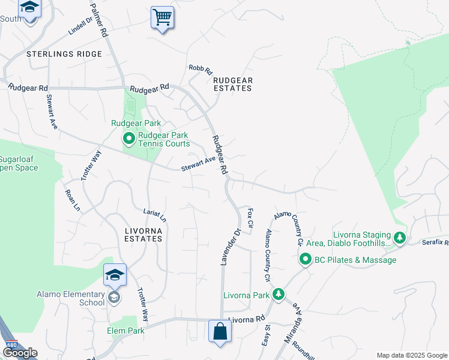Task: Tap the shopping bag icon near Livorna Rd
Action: (220, 331)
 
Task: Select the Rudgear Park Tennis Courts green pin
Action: (128, 139)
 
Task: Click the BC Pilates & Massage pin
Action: (305, 260)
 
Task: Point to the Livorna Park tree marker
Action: (278, 295)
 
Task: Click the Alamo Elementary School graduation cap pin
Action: (114, 276)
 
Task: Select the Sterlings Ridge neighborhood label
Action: (65, 54)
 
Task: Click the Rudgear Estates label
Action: (233, 84)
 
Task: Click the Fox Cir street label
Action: (251, 219)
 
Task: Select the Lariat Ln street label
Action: (155, 215)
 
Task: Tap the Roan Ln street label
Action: (72, 200)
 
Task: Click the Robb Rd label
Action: (200, 70)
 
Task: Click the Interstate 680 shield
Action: (11, 345)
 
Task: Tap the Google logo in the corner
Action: (19, 353)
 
